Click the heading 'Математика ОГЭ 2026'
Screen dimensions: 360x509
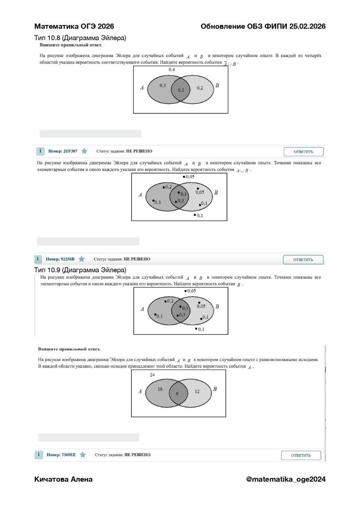(x=74, y=26)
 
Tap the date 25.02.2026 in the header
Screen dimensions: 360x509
(x=307, y=26)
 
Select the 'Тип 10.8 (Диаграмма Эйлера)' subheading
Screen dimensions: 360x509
(x=80, y=38)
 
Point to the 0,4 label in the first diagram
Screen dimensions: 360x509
(x=172, y=69)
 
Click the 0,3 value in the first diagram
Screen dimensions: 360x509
(x=163, y=85)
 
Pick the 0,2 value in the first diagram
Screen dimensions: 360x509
(x=200, y=88)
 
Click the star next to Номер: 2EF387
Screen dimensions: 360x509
(x=84, y=151)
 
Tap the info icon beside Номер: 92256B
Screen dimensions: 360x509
(x=38, y=259)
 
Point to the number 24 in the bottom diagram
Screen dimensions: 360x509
(x=152, y=375)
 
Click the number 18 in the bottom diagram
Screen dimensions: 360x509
(x=160, y=389)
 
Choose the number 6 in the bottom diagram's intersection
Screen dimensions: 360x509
(x=177, y=394)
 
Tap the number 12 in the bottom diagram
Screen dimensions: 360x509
(x=197, y=391)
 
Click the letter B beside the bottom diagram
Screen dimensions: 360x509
(x=215, y=389)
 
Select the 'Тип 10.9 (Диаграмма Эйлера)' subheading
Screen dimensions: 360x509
(x=80, y=270)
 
